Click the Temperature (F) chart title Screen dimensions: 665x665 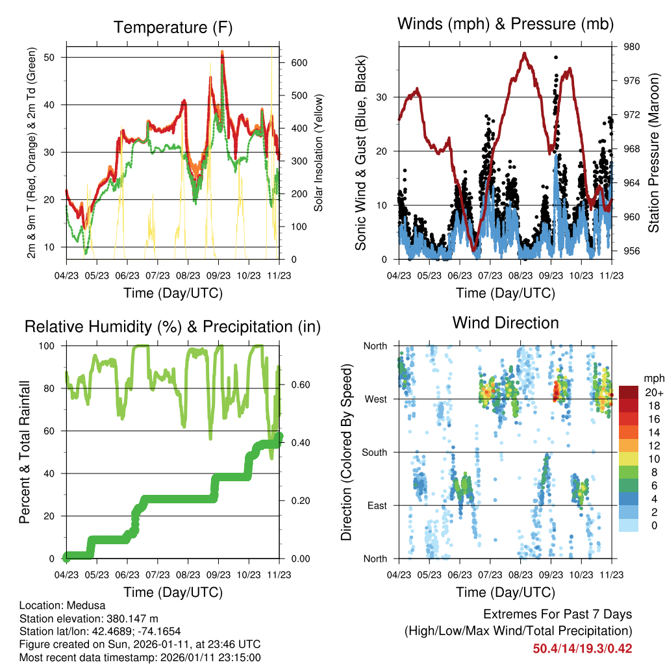point(173,28)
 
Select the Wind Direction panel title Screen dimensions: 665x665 point(505,323)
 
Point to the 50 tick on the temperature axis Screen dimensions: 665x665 point(55,57)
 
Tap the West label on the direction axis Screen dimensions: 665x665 point(375,399)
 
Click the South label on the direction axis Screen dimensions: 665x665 point(374,453)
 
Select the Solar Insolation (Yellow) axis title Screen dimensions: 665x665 point(318,153)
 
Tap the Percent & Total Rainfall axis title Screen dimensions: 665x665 point(24,453)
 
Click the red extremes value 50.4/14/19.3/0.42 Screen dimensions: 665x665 point(583,649)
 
